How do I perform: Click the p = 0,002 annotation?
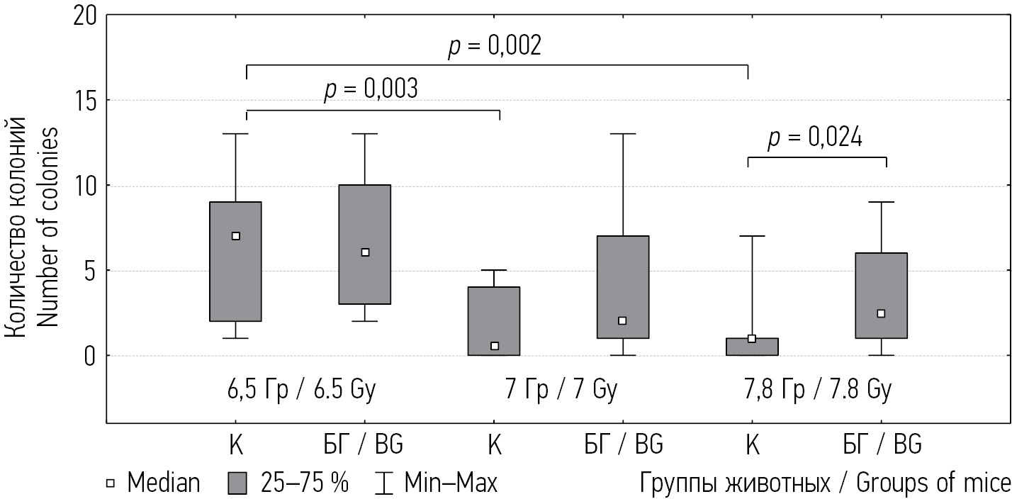pyautogui.click(x=495, y=46)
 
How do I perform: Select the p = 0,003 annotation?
pyautogui.click(x=371, y=90)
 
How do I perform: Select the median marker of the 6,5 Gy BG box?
pyautogui.click(x=365, y=252)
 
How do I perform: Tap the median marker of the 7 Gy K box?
pyautogui.click(x=495, y=346)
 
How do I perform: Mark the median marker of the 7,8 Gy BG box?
pyautogui.click(x=881, y=313)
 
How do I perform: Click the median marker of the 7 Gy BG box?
pyautogui.click(x=623, y=320)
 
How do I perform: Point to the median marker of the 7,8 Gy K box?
pyautogui.click(x=752, y=339)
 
